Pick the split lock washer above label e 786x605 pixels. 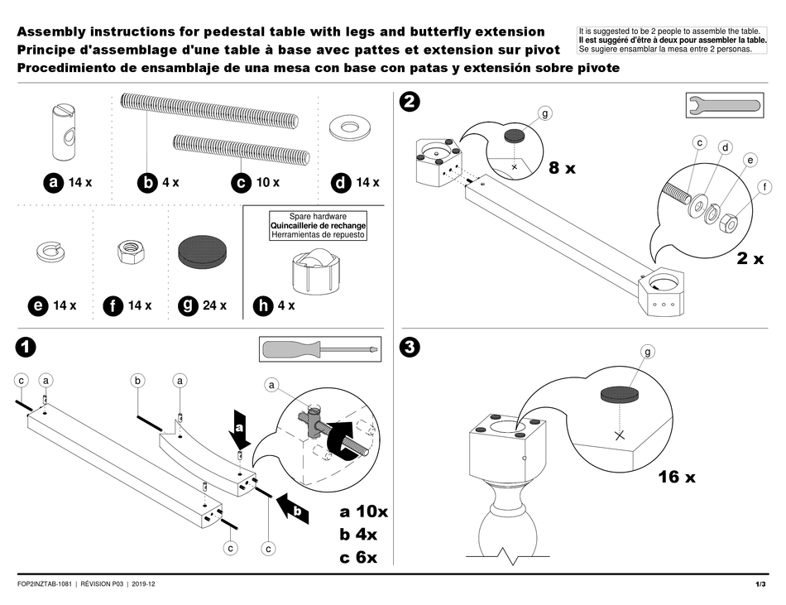click(51, 250)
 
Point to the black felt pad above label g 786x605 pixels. click(202, 249)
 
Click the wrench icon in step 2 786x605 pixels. click(722, 106)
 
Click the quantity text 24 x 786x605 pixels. click(215, 305)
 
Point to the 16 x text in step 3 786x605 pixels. click(677, 477)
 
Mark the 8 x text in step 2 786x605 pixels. click(563, 168)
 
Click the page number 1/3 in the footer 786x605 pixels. click(760, 585)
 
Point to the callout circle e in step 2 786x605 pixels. click(750, 160)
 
